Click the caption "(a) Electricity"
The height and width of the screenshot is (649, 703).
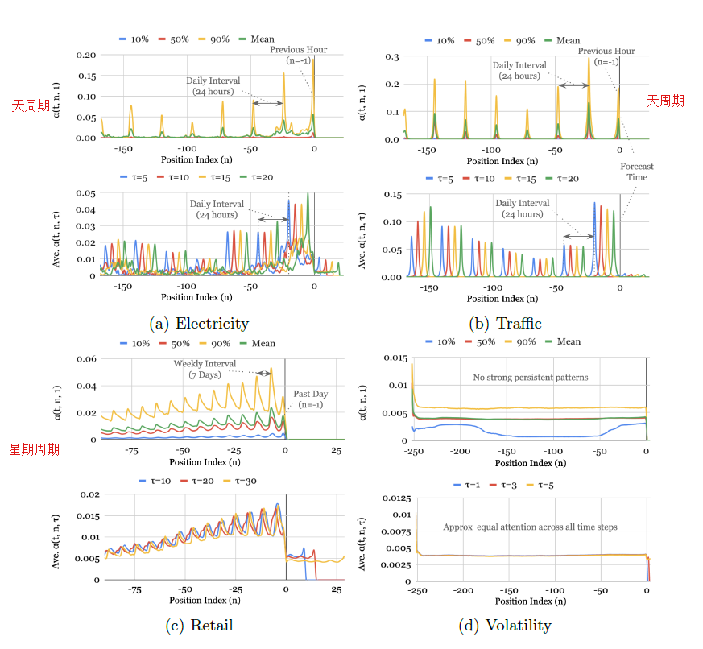199,324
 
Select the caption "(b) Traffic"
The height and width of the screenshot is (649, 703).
506,324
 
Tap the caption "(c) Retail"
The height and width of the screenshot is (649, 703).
199,625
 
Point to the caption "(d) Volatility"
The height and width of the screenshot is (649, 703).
506,625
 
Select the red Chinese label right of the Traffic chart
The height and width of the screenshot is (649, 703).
665,101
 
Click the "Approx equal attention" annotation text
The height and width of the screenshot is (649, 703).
529,527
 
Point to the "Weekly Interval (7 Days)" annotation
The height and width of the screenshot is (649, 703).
205,369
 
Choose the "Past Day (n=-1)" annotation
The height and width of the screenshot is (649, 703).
311,399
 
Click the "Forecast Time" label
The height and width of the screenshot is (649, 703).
637,172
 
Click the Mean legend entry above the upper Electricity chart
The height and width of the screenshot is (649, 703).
258,39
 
